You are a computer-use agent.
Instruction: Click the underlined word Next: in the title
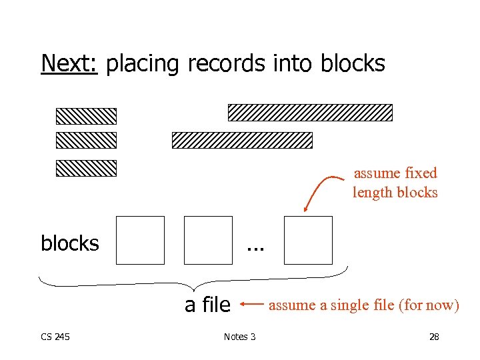click(x=69, y=63)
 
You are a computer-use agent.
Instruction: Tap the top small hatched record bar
click(x=86, y=117)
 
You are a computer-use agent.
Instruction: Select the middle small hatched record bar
click(x=86, y=140)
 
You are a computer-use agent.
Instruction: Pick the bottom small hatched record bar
click(x=86, y=168)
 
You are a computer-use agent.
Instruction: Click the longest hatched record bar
click(x=310, y=112)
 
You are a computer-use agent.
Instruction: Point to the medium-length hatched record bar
click(x=242, y=140)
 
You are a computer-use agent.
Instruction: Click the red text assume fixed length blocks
click(x=395, y=183)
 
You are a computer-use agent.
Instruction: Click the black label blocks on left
click(x=69, y=244)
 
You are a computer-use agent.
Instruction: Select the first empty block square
click(x=140, y=240)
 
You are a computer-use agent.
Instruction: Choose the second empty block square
click(x=208, y=240)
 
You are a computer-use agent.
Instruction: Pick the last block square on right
click(x=307, y=240)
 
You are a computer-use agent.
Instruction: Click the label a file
click(x=207, y=305)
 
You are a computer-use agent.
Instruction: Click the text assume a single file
click(x=363, y=305)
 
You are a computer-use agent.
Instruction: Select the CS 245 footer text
click(x=55, y=337)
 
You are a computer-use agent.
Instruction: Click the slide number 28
click(x=434, y=337)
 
